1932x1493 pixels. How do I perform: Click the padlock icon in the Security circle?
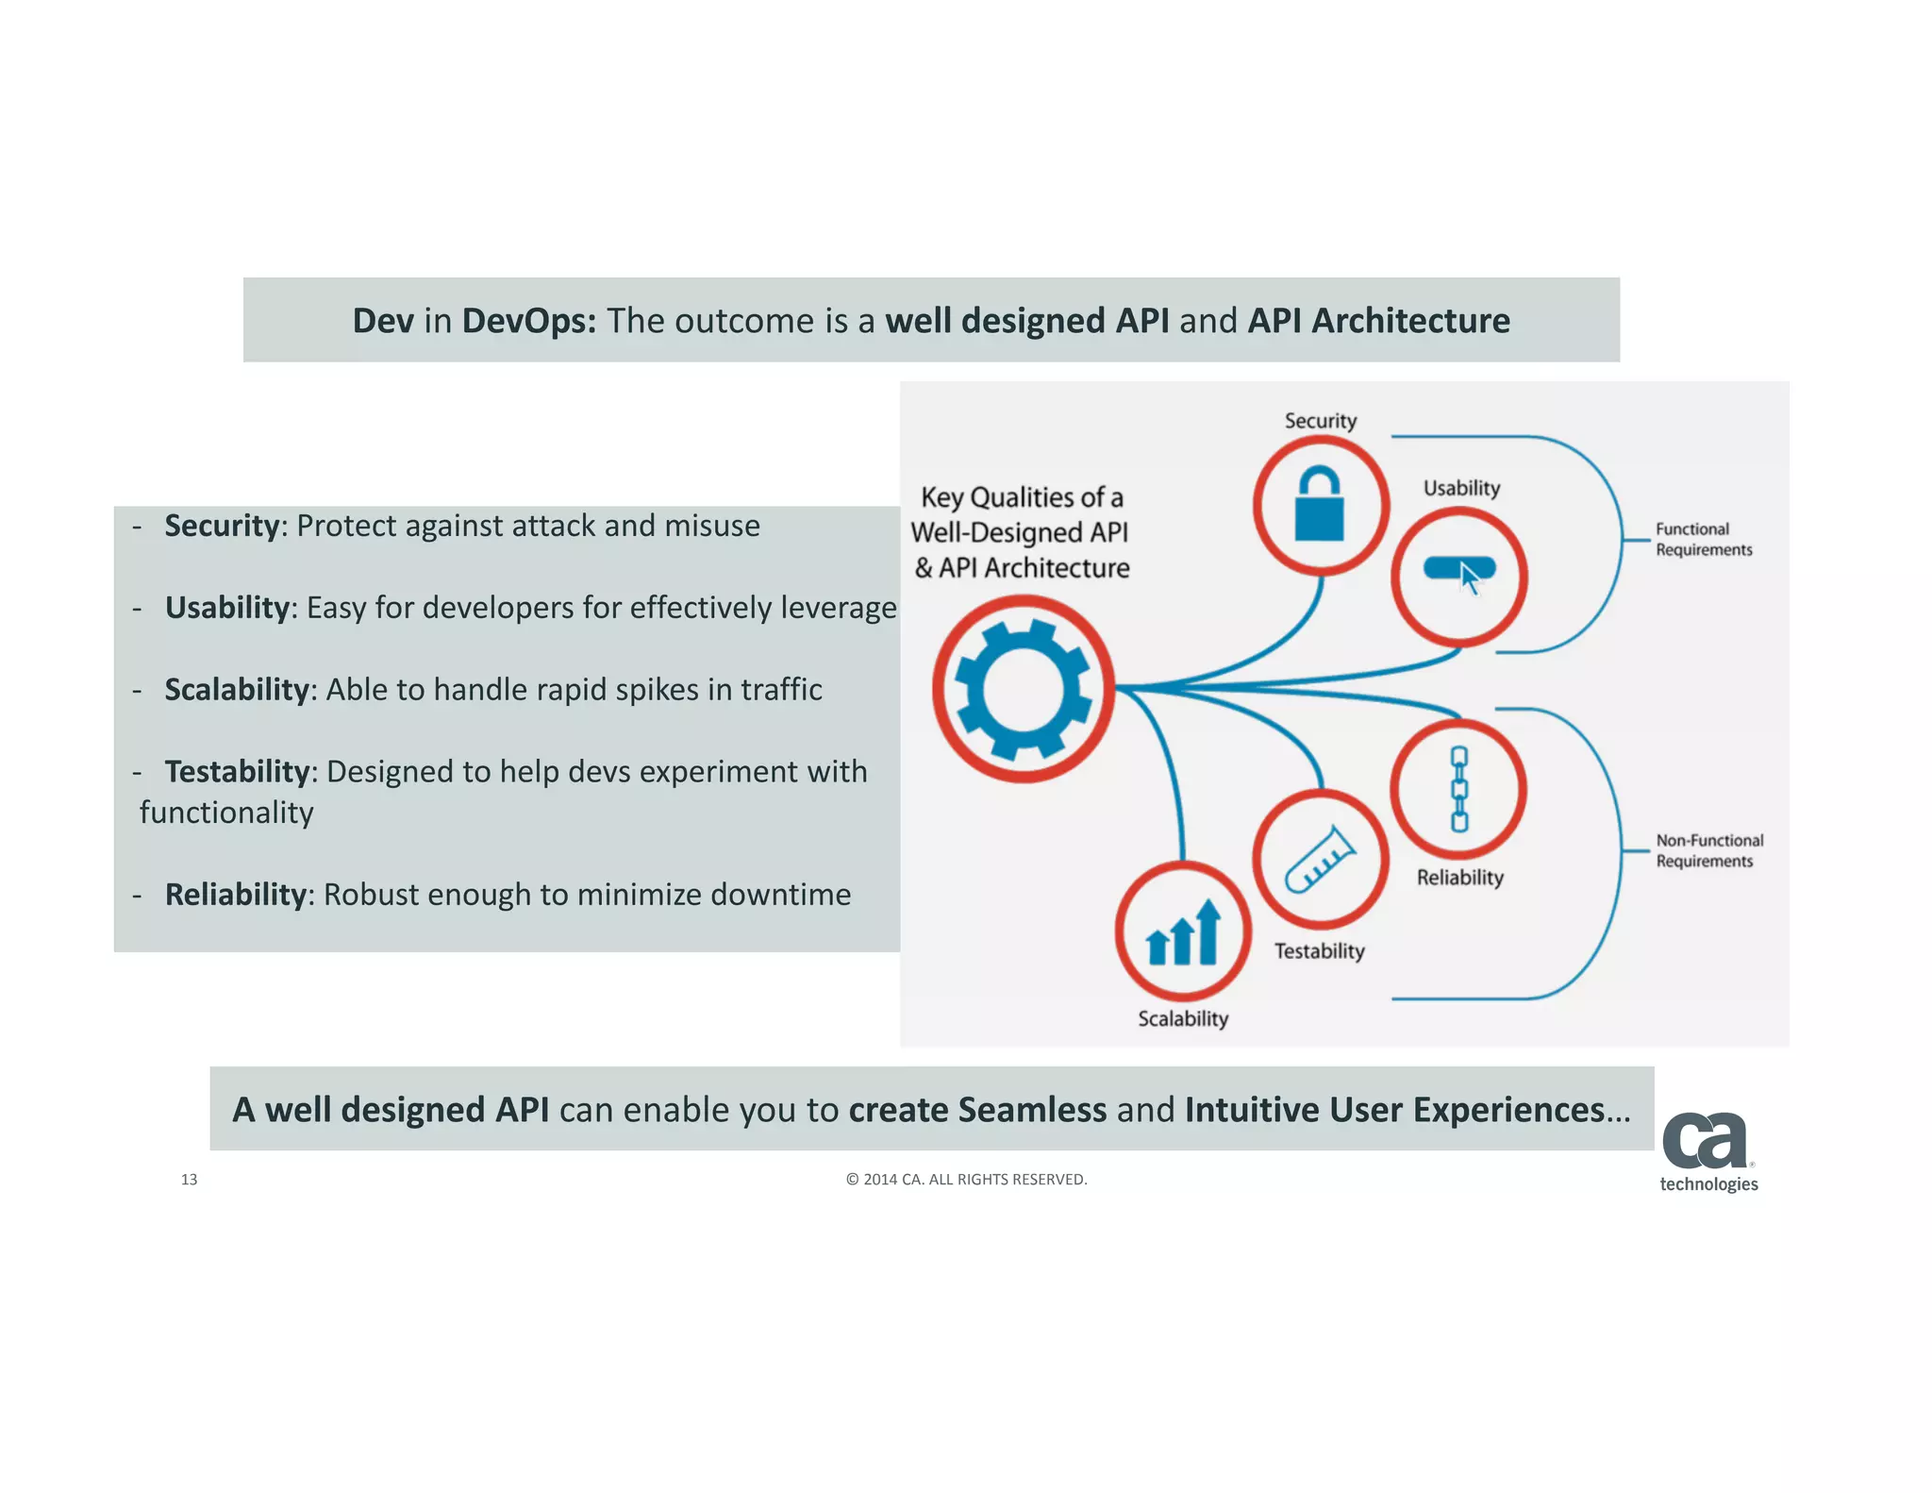(1319, 507)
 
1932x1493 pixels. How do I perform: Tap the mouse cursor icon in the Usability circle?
(1468, 578)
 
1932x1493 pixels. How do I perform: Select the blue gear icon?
(1024, 689)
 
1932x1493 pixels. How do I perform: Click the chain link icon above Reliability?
(1458, 789)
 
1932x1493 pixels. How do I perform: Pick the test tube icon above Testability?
(1320, 860)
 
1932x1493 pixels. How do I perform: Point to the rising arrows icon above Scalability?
(1183, 933)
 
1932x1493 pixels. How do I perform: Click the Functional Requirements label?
(1703, 539)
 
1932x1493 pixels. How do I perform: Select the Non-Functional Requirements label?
(1708, 850)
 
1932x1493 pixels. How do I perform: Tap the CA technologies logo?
(1707, 1152)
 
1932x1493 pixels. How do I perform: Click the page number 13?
(189, 1179)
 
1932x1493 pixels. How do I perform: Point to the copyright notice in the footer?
(966, 1179)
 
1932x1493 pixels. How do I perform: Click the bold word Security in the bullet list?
(222, 526)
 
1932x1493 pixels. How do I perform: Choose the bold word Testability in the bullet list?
(237, 772)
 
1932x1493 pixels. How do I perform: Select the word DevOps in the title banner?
(528, 321)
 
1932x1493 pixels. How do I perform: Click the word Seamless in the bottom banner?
(1032, 1110)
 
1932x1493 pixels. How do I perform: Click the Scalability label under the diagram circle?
(1183, 1018)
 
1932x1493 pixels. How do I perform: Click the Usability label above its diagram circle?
(1461, 488)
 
